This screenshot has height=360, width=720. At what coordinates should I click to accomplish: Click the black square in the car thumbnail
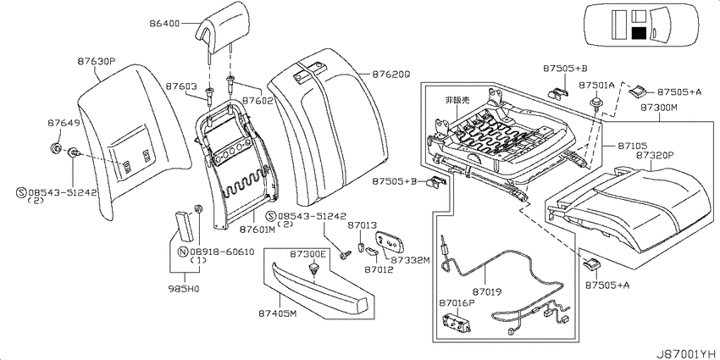point(639,33)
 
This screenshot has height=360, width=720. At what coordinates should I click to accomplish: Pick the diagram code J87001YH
point(687,353)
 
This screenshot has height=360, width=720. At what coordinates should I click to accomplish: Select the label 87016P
point(457,302)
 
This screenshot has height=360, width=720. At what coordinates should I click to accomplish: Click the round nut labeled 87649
point(57,148)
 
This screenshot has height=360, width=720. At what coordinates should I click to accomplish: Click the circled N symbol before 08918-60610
point(183,252)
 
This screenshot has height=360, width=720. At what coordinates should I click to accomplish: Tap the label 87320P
point(654,156)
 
